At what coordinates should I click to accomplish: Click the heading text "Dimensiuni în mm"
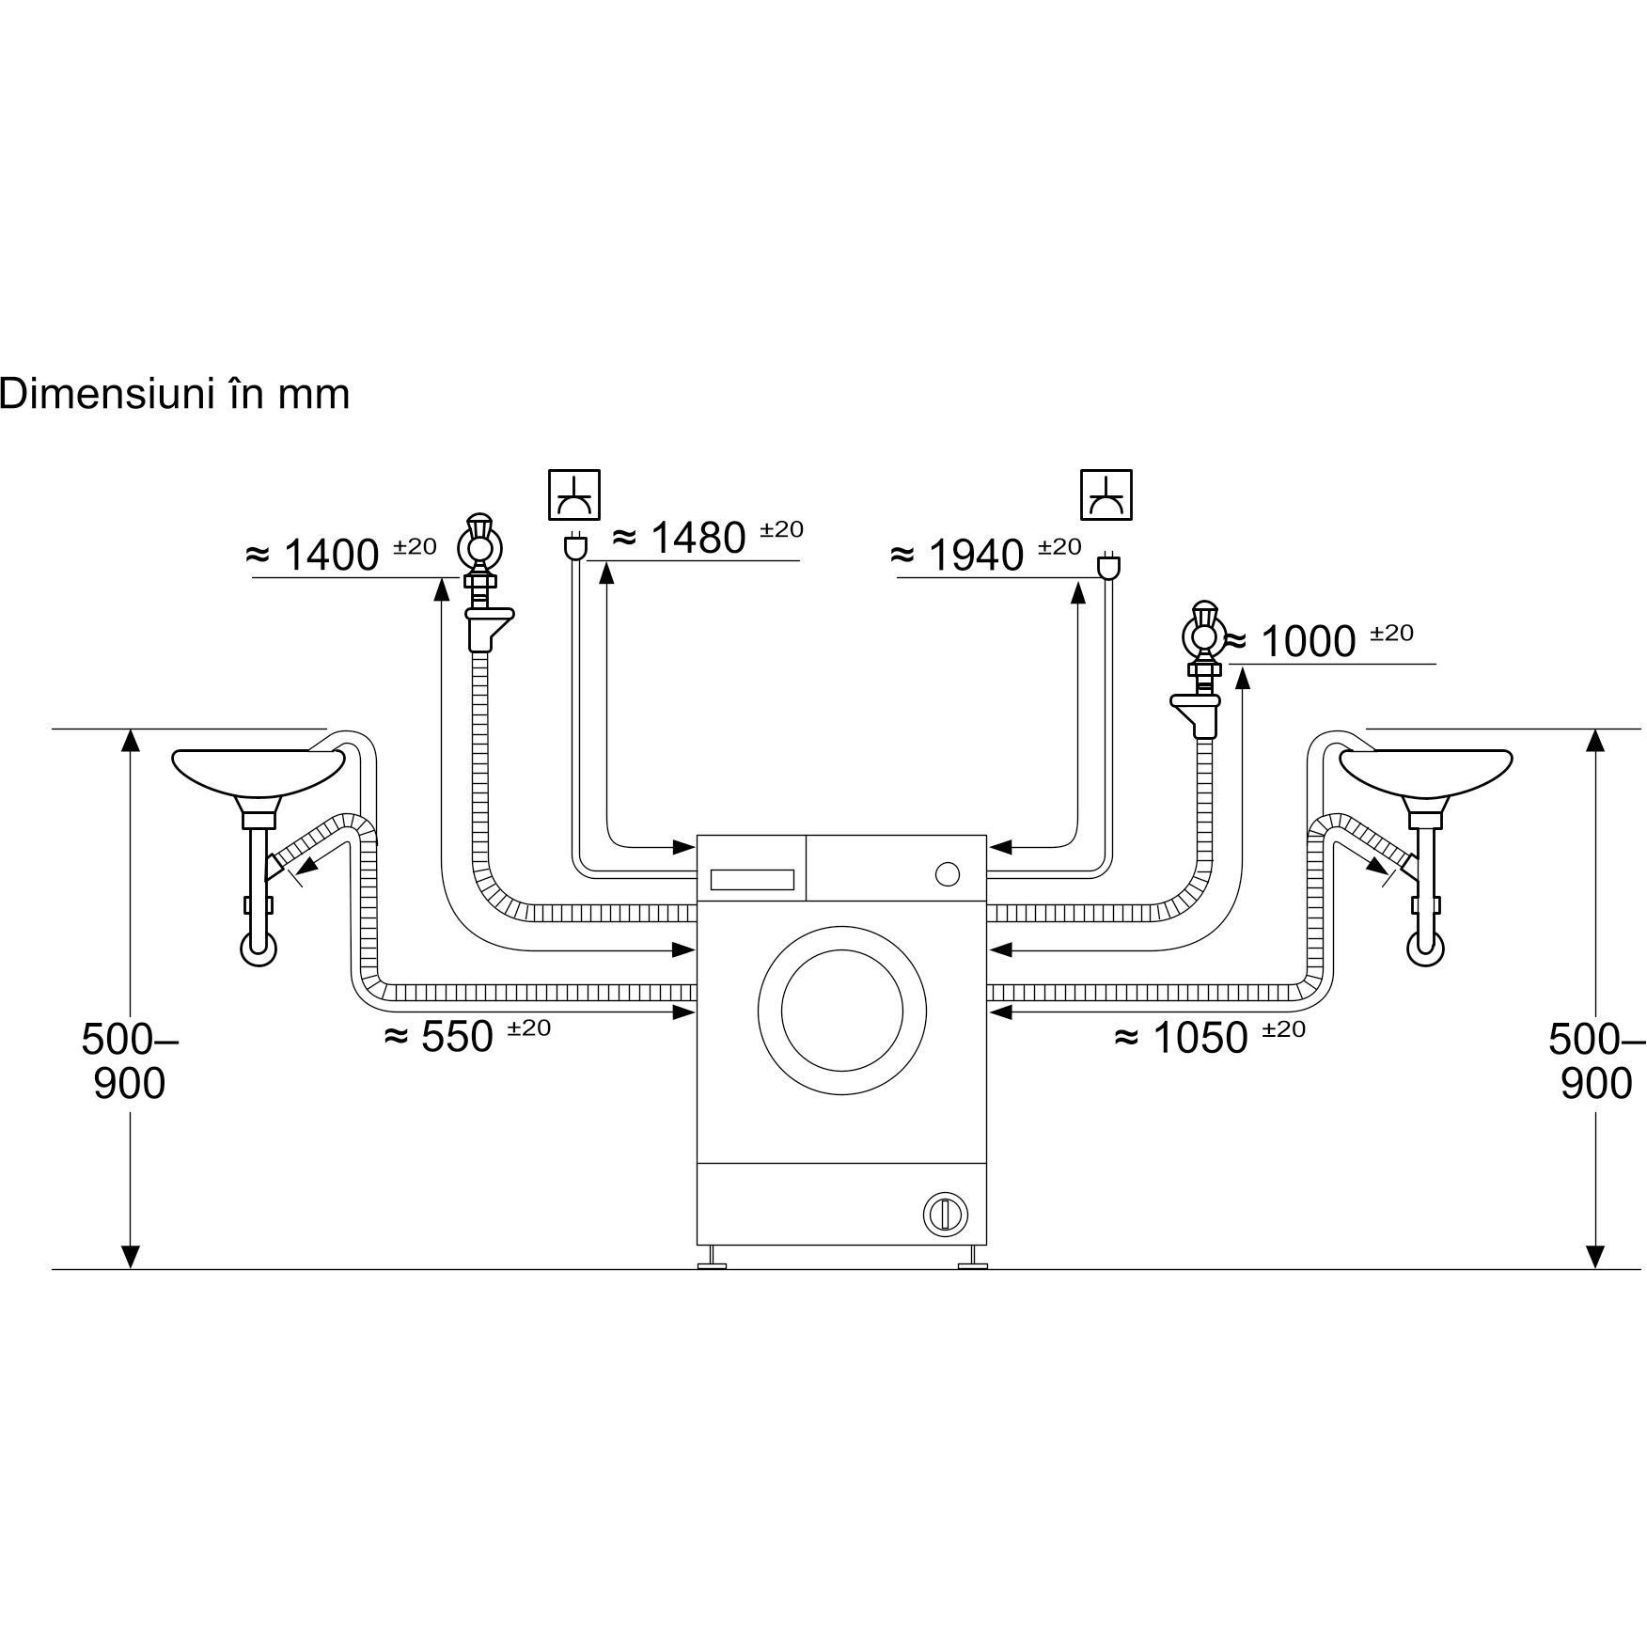175,394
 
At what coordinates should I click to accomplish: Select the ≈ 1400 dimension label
340,554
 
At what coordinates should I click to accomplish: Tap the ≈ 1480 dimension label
707,537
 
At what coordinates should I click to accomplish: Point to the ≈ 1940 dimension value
985,554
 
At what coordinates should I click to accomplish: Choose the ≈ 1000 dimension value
1320,640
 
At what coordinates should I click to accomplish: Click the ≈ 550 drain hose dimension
468,1036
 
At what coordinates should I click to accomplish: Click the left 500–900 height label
130,1061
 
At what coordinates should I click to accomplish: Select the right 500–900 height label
1596,1061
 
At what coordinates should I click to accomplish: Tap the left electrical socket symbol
574,494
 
